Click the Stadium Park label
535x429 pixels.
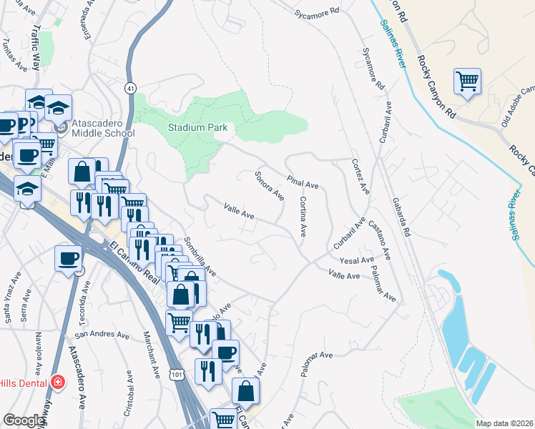pos(197,127)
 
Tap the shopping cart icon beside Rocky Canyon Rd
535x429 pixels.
pos(467,82)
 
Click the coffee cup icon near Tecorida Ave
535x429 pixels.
pos(69,259)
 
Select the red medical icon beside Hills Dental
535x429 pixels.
pos(58,383)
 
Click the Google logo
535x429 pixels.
pos(24,420)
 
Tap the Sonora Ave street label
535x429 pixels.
pos(270,186)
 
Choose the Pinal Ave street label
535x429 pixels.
pos(302,180)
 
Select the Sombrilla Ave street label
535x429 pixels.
pos(200,257)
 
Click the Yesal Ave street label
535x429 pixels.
pos(357,260)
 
